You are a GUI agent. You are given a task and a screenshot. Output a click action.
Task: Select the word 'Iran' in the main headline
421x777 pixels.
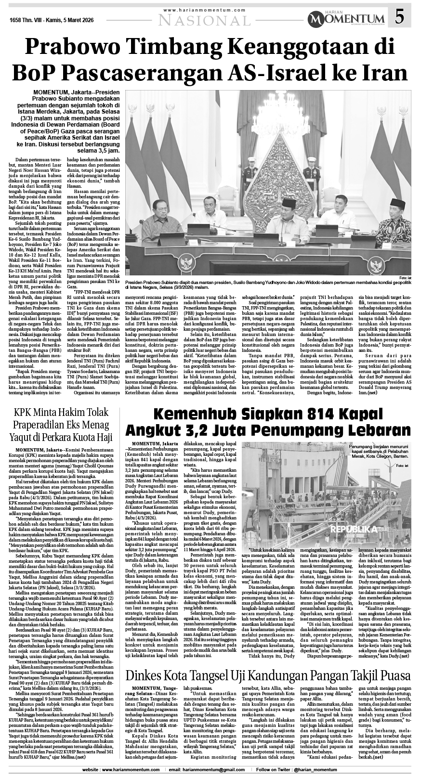coord(381,73)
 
